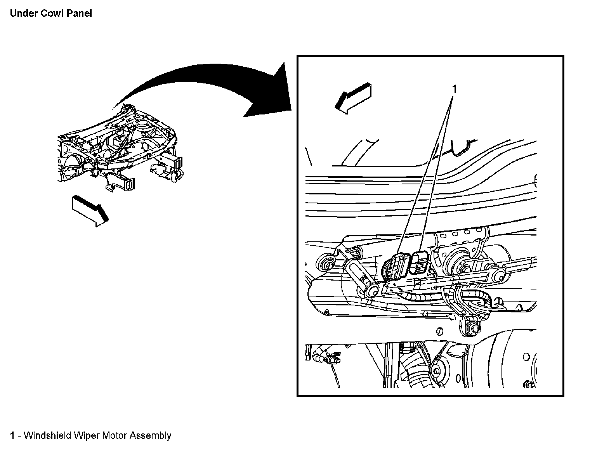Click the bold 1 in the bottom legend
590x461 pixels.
click(x=13, y=435)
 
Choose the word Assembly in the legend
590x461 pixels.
click(x=150, y=435)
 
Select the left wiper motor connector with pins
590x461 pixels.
click(x=394, y=267)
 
